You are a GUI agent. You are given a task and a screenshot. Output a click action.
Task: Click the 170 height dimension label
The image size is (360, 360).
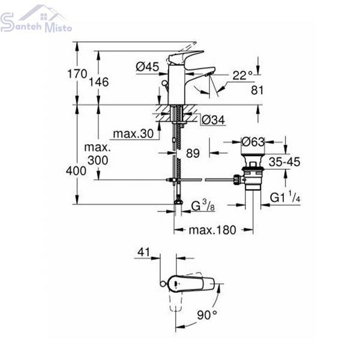coord(77,74)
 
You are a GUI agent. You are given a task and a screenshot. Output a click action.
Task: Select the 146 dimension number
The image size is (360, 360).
coord(99,82)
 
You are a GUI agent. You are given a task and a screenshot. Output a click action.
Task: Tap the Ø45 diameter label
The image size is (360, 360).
coord(148,67)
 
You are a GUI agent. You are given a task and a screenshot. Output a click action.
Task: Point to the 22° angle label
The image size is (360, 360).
coord(242,76)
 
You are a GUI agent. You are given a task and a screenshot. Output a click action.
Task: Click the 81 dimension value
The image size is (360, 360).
coord(257,90)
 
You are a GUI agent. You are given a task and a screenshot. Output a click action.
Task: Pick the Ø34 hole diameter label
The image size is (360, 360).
coord(213,119)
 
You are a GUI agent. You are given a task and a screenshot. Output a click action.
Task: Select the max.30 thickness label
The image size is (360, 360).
coord(133,133)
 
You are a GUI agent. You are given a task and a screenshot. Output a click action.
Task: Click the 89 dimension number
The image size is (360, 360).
coord(193,153)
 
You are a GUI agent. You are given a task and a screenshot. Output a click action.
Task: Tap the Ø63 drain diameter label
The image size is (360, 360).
coord(253,142)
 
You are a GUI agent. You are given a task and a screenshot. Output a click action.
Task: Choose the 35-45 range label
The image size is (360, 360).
coord(284,161)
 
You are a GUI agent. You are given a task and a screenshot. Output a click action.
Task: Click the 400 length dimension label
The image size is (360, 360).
coord(76,171)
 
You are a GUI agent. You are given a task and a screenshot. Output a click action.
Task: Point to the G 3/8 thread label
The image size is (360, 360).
coord(203,205)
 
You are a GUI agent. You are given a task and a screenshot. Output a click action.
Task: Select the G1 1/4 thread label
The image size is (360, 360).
coord(285,197)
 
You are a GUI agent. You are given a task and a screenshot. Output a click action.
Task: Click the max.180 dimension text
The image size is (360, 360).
coord(212,230)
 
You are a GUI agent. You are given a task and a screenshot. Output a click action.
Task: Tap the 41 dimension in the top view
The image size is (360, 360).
coord(143,252)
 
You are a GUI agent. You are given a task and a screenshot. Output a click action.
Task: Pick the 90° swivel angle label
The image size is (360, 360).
coord(207,314)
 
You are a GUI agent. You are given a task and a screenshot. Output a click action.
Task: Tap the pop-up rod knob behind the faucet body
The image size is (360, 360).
coord(164,83)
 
